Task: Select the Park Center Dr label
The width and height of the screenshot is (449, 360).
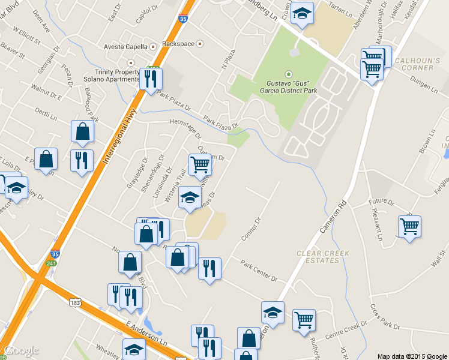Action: pos(259,271)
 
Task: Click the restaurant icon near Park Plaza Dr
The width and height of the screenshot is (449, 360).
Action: pos(150,78)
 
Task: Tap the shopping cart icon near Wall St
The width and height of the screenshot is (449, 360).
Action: pos(409,227)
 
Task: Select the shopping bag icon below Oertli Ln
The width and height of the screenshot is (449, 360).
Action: pos(82,131)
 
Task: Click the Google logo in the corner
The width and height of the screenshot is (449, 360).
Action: pos(21,350)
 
